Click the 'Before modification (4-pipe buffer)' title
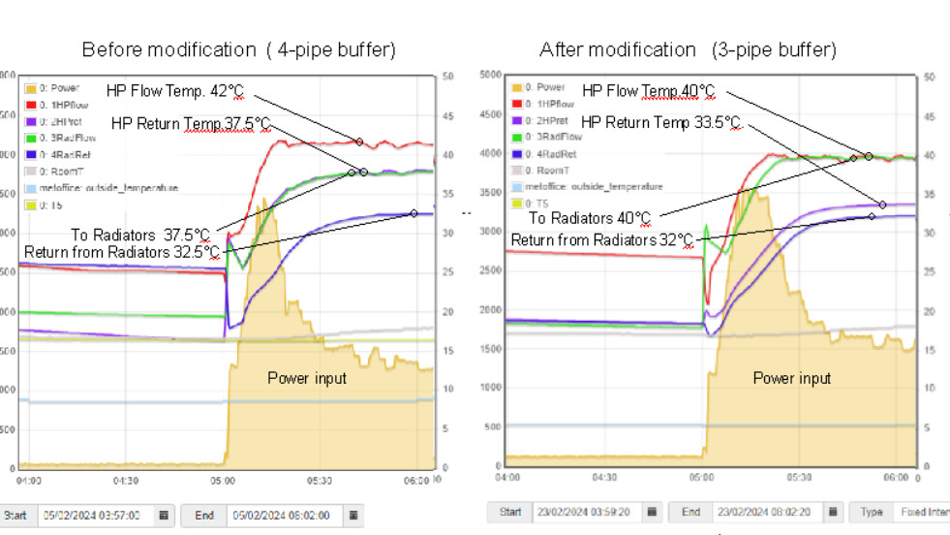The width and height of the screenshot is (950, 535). [238, 49]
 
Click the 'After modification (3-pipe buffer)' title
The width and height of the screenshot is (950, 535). [688, 49]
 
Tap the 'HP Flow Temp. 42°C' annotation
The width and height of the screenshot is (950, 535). [175, 91]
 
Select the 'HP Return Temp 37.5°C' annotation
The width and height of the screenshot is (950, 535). [191, 123]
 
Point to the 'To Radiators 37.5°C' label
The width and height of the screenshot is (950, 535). [140, 235]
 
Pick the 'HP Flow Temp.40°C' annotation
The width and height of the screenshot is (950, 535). [648, 91]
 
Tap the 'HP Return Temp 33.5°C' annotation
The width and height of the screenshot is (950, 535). [660, 122]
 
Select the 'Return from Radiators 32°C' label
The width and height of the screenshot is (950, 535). [602, 239]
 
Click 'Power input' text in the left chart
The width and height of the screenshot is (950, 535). [307, 378]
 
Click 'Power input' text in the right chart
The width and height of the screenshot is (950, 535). [792, 378]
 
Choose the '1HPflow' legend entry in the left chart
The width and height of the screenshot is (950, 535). [65, 104]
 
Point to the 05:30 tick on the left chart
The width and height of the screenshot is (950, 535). [321, 480]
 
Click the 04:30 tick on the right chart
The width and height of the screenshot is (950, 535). [604, 477]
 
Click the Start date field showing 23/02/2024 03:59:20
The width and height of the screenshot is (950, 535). [580, 511]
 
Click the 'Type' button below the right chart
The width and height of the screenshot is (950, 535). [871, 511]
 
